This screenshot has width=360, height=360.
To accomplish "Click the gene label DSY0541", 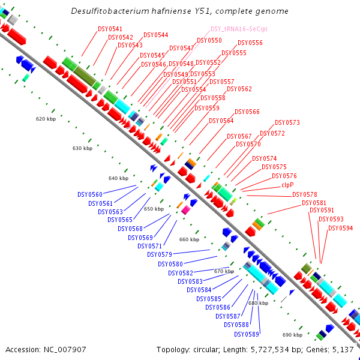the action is [x=110, y=29].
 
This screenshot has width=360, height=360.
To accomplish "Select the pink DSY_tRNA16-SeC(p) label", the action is [x=239, y=29].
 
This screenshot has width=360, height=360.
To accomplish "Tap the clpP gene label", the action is [x=287, y=185].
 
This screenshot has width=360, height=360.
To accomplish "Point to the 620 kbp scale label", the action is [x=46, y=119].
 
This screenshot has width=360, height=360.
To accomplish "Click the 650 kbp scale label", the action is [x=154, y=209].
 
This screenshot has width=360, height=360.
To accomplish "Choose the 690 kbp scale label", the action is [x=292, y=335].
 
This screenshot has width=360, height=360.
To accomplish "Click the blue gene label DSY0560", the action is [x=90, y=194].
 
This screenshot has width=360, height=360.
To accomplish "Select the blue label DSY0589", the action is [x=247, y=334].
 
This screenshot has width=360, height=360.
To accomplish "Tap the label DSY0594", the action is [x=340, y=228].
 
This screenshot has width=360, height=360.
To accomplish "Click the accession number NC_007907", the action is [x=65, y=350].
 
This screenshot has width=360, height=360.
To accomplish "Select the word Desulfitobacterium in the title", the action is [x=110, y=11].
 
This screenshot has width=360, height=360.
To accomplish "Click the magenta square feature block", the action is [x=186, y=210].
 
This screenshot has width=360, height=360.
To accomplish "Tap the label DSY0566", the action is [x=247, y=112].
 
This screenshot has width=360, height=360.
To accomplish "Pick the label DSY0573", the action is [x=287, y=122].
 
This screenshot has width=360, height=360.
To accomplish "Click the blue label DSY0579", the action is [x=160, y=254].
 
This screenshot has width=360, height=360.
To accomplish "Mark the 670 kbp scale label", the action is [x=224, y=271].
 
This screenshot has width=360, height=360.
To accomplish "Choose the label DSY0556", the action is [x=250, y=43].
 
